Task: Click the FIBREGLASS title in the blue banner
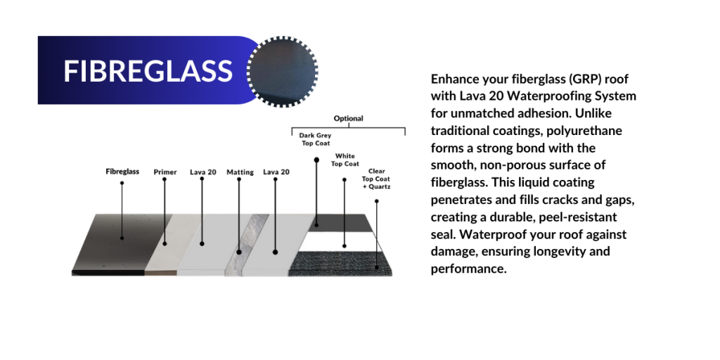[148, 71]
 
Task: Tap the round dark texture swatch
[283, 71]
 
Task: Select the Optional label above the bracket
[348, 118]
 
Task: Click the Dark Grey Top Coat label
[315, 139]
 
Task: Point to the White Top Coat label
[345, 160]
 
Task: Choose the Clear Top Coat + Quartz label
[376, 179]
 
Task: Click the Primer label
[165, 172]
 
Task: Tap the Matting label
[240, 172]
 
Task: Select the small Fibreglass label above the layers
[122, 172]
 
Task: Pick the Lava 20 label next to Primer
[202, 172]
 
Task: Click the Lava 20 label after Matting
[276, 172]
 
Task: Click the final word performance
[468, 269]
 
